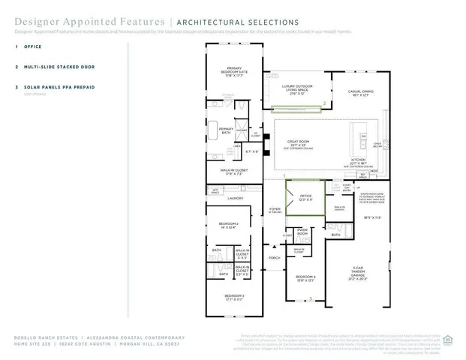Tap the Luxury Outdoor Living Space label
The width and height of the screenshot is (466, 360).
[296, 88]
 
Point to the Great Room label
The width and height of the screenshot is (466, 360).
[298, 143]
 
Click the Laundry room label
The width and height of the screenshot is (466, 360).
[236, 198]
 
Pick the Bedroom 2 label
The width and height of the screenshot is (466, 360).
[228, 225]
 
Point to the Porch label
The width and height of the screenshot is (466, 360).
[274, 257]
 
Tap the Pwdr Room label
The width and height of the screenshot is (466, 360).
[303, 232]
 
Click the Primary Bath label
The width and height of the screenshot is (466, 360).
[226, 130]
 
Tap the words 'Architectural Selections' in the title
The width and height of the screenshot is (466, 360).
[236, 22]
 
